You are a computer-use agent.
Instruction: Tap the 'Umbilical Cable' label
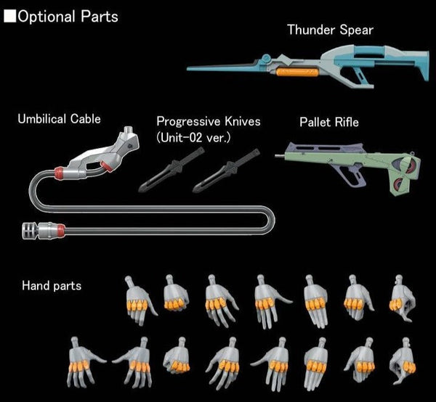pyautogui.click(x=60, y=118)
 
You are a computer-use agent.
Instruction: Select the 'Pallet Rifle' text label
pyautogui.click(x=329, y=121)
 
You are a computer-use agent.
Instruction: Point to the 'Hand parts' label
pyautogui.click(x=51, y=285)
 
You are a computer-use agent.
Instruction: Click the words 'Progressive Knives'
pyautogui.click(x=208, y=121)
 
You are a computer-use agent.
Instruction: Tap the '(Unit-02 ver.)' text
pyautogui.click(x=193, y=137)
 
